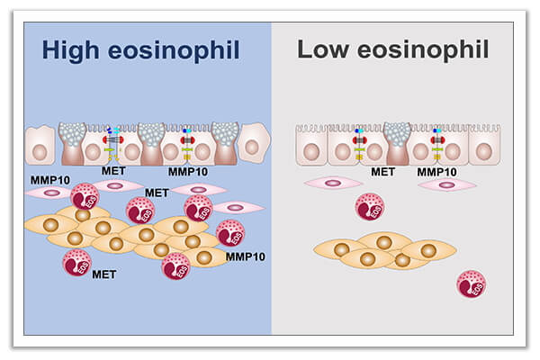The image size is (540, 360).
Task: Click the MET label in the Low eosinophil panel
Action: [x=383, y=172]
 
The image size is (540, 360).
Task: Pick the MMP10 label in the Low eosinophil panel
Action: [x=437, y=172]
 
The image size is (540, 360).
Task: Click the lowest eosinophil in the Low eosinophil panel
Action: [x=472, y=284]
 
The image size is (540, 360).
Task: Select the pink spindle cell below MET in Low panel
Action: [x=333, y=184]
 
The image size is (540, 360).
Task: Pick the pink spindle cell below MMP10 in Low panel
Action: [x=447, y=184]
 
